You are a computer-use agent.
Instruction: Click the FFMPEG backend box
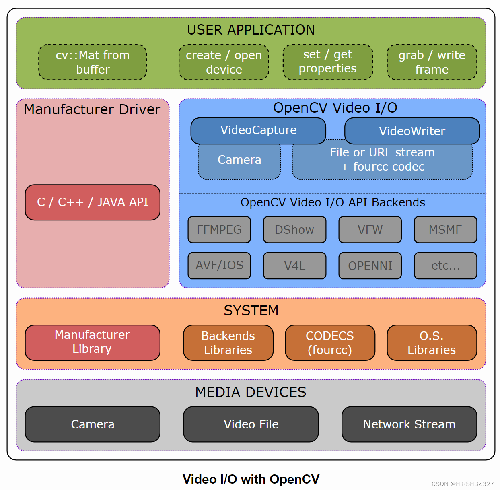219,230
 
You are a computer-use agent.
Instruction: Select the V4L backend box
294,266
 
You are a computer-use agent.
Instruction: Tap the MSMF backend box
445,230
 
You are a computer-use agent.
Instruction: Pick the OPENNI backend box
370,266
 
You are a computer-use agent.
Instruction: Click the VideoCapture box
258,130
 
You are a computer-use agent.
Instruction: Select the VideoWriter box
412,131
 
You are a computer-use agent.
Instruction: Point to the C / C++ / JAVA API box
93,202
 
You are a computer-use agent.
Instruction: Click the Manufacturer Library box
93,342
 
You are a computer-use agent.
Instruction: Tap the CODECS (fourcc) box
330,343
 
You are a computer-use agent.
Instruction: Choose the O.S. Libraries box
432,343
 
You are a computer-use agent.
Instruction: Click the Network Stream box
409,424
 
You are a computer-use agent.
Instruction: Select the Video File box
251,424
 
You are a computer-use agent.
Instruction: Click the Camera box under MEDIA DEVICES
93,424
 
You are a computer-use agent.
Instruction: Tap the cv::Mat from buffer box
93,62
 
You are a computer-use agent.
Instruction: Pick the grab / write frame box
432,62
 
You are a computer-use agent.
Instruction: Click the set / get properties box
327,62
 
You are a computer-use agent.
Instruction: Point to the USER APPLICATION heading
251,30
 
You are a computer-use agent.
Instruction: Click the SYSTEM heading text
251,311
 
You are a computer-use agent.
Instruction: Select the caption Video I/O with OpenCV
251,479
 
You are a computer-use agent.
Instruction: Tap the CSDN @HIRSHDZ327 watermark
463,484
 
